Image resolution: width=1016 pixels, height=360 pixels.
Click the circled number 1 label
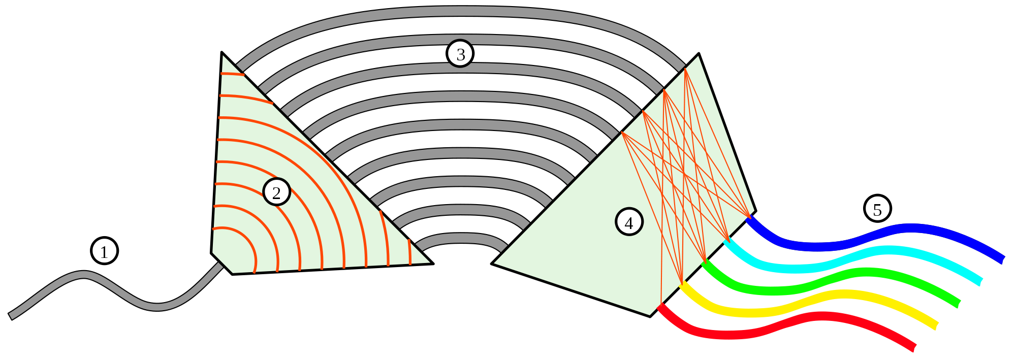pyautogui.click(x=104, y=251)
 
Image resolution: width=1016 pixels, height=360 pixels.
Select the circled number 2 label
pyautogui.click(x=276, y=192)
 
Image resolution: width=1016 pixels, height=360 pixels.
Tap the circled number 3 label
pyautogui.click(x=460, y=54)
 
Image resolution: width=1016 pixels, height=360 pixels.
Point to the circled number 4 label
pyautogui.click(x=629, y=222)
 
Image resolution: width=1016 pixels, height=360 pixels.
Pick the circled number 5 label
pyautogui.click(x=877, y=209)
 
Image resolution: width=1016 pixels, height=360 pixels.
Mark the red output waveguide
pyautogui.click(x=792, y=325)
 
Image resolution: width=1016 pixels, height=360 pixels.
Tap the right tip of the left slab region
pyautogui.click(x=429, y=263)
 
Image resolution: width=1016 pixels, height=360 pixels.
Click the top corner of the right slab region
pyautogui.click(x=698, y=57)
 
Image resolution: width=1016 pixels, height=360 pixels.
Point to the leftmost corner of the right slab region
pyautogui.click(x=495, y=263)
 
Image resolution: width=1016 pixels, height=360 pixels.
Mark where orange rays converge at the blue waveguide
pyautogui.click(x=748, y=217)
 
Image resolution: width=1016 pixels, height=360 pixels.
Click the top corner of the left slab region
pyautogui.click(x=223, y=56)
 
